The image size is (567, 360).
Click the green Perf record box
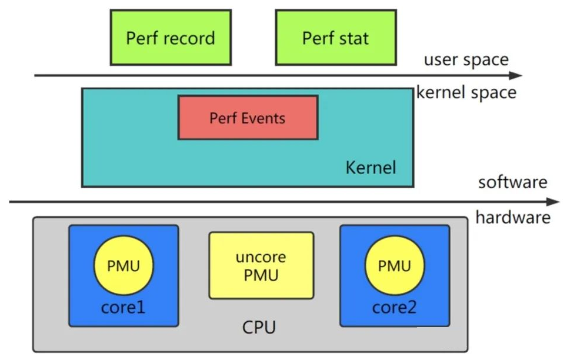click(x=171, y=37)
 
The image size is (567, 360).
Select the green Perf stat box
click(x=335, y=37)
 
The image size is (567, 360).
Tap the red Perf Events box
click(x=248, y=118)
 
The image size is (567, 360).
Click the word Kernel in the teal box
click(x=371, y=167)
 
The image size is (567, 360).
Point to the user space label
click(x=466, y=60)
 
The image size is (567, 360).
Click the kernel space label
click(x=466, y=92)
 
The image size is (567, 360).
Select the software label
click(x=512, y=182)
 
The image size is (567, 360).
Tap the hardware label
click(x=513, y=218)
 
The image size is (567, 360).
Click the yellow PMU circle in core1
click(x=124, y=266)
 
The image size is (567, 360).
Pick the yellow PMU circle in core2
click(x=395, y=266)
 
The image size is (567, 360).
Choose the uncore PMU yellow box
click(x=261, y=265)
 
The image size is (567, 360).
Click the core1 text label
click(x=124, y=307)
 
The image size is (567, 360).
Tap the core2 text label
click(x=395, y=307)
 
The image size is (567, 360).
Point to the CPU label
click(x=259, y=327)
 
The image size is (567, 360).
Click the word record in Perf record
click(x=189, y=38)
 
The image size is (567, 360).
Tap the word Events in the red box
click(x=264, y=118)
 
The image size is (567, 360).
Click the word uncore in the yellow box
click(x=261, y=257)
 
